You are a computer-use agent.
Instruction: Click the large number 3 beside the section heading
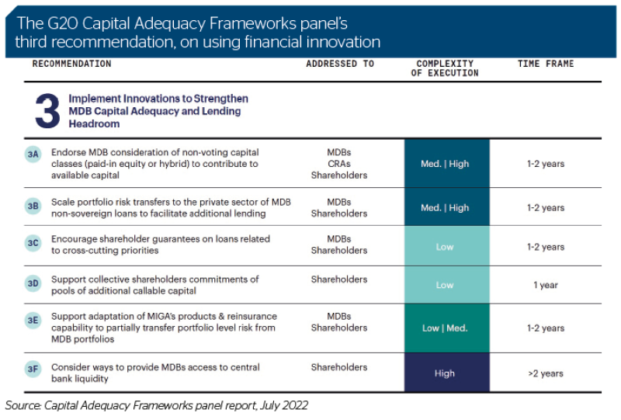point(47,111)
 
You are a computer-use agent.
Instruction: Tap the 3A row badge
point(33,154)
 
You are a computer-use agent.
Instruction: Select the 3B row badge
point(33,206)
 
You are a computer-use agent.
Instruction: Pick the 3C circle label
point(33,243)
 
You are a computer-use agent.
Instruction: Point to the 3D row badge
point(33,283)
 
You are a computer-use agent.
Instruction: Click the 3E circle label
point(33,320)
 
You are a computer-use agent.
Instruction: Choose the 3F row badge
point(33,370)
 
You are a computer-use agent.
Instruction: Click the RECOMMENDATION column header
point(71,64)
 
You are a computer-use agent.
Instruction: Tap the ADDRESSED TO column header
point(340,64)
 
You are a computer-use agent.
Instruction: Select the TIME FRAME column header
point(546,64)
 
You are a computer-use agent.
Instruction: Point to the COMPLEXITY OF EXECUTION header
point(445,68)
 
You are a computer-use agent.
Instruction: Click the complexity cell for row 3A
point(447,163)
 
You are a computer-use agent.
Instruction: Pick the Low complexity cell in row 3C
point(447,246)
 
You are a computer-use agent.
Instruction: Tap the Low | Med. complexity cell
point(447,328)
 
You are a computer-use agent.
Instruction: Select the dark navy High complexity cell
point(447,373)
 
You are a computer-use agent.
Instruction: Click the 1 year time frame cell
point(546,285)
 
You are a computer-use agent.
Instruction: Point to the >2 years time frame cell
point(546,373)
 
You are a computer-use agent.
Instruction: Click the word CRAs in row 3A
point(339,164)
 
